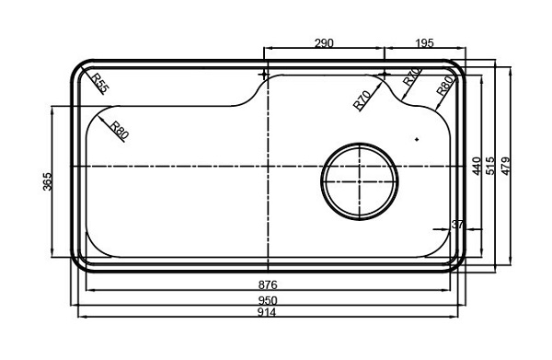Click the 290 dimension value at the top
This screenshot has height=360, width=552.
324,43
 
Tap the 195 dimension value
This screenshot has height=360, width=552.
424,43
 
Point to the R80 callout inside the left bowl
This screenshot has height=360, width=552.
120,129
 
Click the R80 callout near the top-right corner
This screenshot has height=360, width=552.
444,87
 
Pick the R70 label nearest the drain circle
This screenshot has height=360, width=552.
362,100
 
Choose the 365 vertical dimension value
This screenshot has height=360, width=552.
47,181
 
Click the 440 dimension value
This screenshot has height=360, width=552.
477,166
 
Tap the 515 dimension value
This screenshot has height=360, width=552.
489,166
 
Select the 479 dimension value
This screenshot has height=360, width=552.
505,166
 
